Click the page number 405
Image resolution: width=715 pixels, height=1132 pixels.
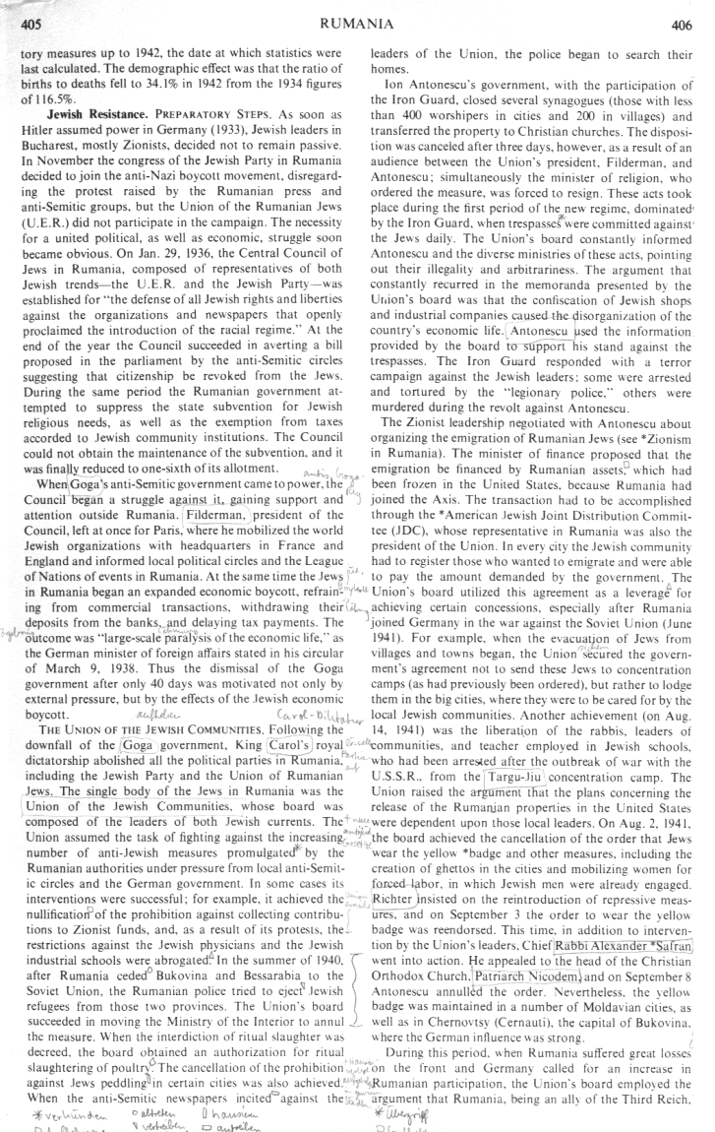point(30,21)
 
